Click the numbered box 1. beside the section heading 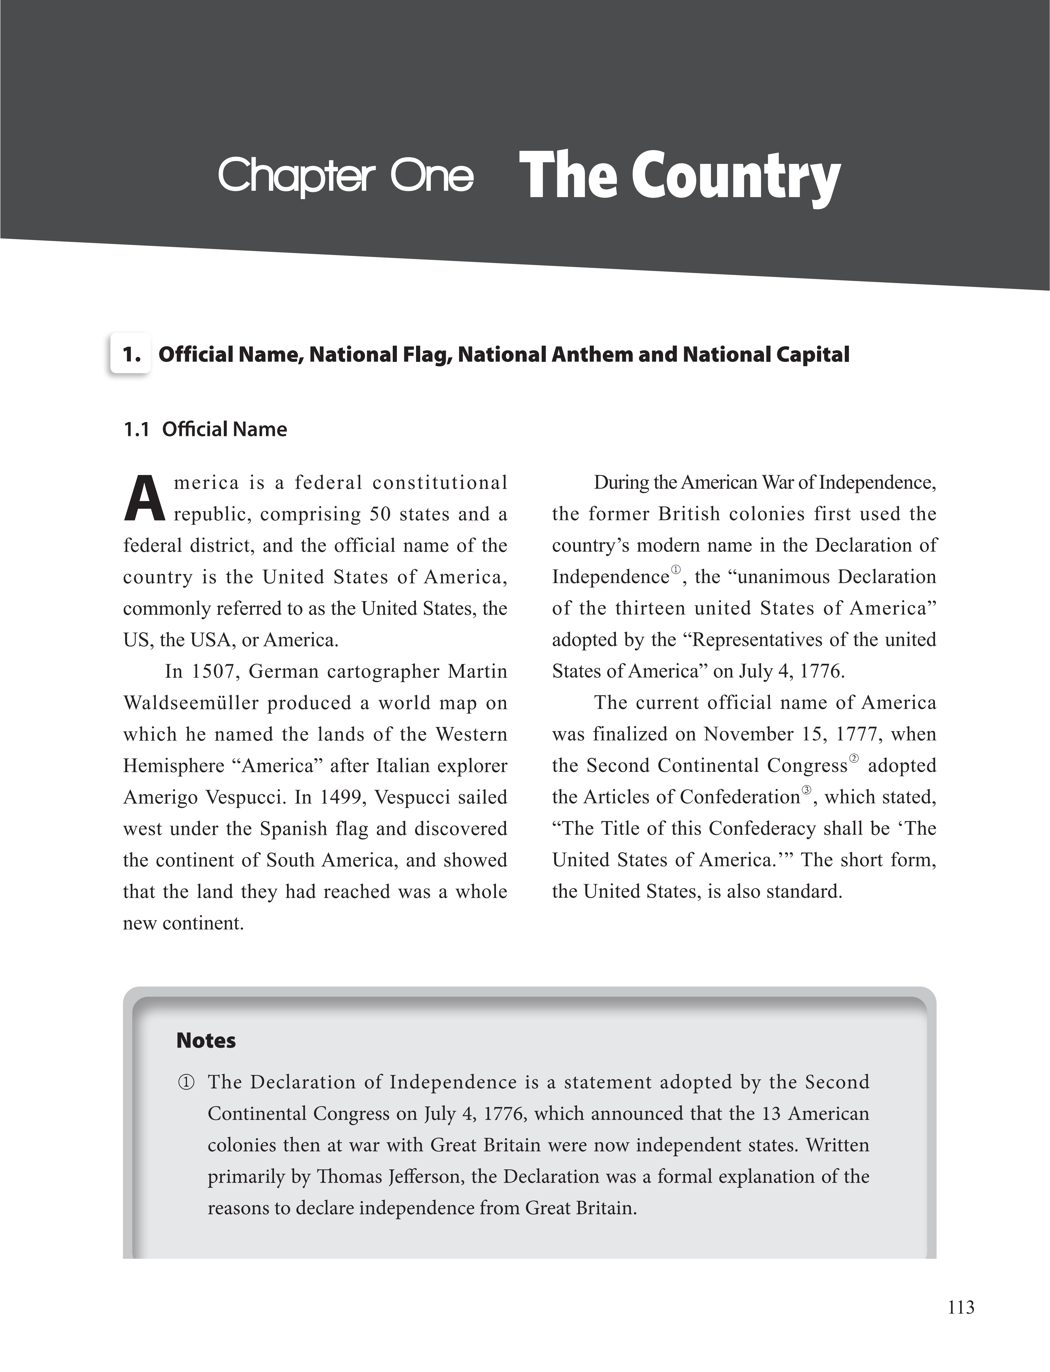click(x=131, y=355)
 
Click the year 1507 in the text click(x=214, y=671)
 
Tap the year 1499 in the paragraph click(x=343, y=797)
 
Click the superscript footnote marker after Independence click(x=676, y=570)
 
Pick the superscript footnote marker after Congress click(x=855, y=759)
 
